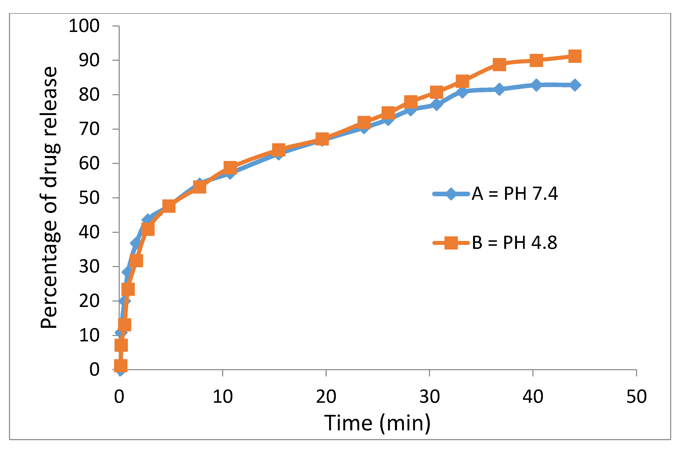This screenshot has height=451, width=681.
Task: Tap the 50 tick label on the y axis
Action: [x=89, y=198]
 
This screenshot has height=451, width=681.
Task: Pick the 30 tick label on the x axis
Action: [x=429, y=397]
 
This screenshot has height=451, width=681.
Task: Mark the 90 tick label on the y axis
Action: [x=89, y=60]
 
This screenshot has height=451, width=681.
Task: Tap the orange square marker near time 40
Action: [x=536, y=60]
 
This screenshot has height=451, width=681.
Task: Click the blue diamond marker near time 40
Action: [x=536, y=85]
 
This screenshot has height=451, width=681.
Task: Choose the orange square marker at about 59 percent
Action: [x=230, y=167]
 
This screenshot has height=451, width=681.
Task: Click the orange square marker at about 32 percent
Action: [x=136, y=261]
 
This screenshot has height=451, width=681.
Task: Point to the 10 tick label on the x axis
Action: [x=223, y=397]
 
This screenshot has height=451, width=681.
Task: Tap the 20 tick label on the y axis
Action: [x=89, y=301]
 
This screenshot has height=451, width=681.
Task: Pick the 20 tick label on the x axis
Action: [x=326, y=397]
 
